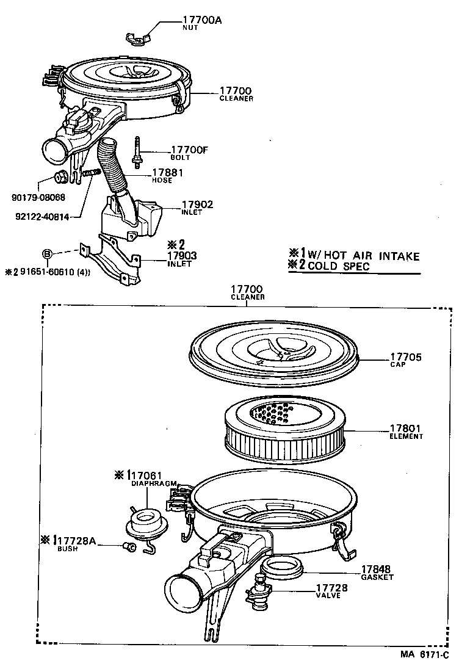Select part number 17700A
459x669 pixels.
[202, 20]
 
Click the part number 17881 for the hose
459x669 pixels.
[168, 173]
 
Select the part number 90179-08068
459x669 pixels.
[38, 197]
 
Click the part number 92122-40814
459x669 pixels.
[42, 216]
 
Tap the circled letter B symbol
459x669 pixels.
[47, 253]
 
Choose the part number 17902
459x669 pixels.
[197, 204]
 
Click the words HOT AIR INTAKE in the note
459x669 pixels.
[372, 256]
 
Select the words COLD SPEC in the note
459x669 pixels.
[339, 266]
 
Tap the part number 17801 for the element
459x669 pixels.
[405, 429]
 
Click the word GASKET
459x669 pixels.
[377, 577]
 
